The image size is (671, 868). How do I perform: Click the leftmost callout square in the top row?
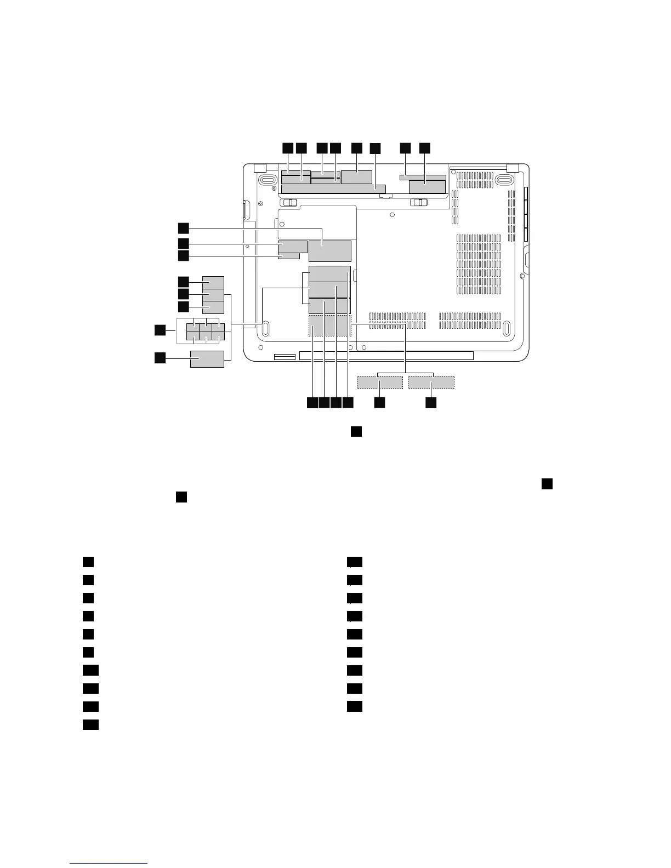[x=287, y=148]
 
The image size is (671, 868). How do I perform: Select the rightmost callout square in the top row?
[x=425, y=148]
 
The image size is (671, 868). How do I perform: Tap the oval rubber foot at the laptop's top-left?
[x=268, y=180]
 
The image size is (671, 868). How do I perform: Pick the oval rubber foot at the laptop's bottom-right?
[x=506, y=329]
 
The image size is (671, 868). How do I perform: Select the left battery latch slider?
[x=291, y=203]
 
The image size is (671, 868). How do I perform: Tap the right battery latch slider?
[x=420, y=203]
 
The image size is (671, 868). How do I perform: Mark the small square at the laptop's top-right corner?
[x=513, y=168]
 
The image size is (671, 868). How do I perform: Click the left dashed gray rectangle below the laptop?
[x=379, y=382]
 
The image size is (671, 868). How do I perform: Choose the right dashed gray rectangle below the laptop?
[x=431, y=382]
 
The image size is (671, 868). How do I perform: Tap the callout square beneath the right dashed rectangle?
[x=431, y=403]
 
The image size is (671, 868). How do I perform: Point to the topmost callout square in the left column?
[x=183, y=227]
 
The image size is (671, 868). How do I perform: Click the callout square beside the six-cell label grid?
[x=159, y=330]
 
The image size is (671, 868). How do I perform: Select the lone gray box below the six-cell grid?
[x=207, y=359]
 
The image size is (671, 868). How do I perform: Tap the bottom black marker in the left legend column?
[x=90, y=725]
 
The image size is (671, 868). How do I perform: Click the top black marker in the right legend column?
[x=355, y=562]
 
